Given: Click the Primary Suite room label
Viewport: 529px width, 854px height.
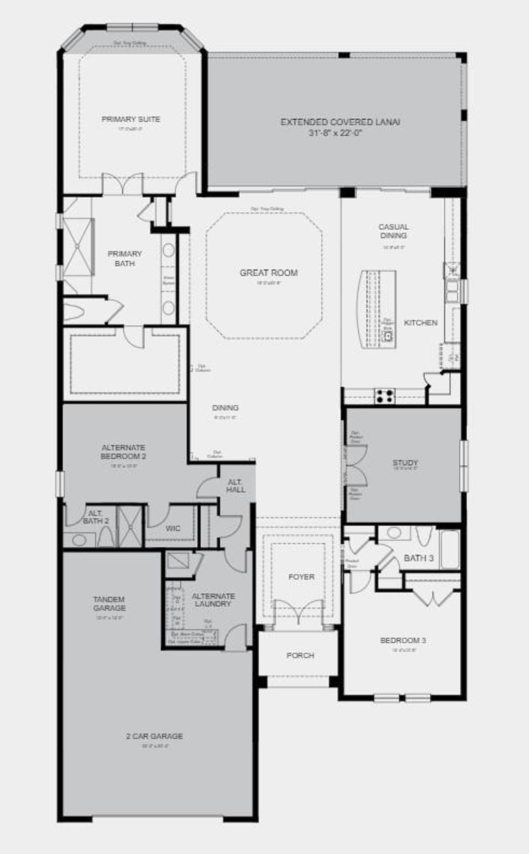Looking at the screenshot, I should click(x=131, y=119).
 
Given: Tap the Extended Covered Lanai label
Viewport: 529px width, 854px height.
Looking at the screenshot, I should click(x=340, y=122).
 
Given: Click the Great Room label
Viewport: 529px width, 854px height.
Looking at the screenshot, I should click(x=269, y=273).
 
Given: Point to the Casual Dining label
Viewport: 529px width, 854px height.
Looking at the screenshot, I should click(x=393, y=231).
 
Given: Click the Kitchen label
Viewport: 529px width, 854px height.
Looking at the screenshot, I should click(x=421, y=323).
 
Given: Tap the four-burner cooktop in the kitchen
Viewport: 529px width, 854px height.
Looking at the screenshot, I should click(x=384, y=396).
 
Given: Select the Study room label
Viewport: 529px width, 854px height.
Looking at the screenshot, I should click(x=405, y=463).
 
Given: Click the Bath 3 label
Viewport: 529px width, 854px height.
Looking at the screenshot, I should click(x=418, y=558).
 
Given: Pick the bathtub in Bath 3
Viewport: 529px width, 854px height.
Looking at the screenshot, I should click(x=449, y=549).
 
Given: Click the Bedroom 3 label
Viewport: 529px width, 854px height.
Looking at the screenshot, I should click(x=403, y=640).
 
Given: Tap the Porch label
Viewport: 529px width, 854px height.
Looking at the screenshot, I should click(x=300, y=655).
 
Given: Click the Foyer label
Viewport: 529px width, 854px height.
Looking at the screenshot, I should click(x=301, y=577).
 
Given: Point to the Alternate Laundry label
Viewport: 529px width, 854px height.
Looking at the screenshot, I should click(x=213, y=600).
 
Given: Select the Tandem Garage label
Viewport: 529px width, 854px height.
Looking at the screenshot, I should click(x=109, y=604).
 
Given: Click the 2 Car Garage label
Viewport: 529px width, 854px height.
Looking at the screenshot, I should click(x=154, y=736).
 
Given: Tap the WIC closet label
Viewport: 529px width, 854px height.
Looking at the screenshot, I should click(x=173, y=528).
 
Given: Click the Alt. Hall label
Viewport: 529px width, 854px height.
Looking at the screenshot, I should click(x=236, y=485).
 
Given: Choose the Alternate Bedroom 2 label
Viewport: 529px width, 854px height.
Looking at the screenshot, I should click(x=123, y=452).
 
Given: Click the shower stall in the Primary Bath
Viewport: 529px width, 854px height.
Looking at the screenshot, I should click(x=77, y=247).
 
